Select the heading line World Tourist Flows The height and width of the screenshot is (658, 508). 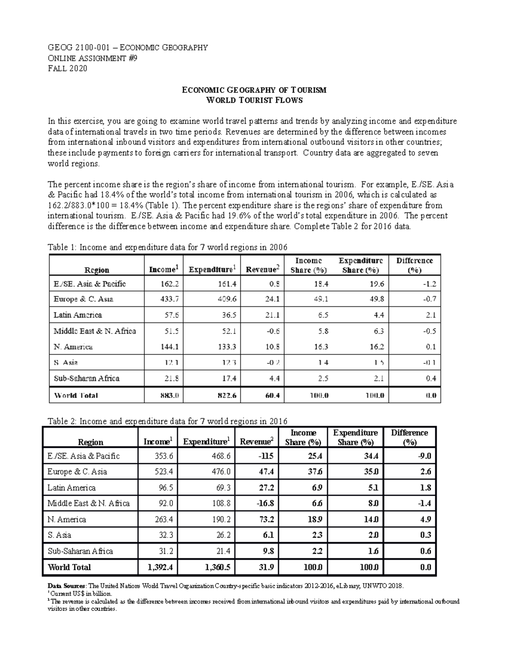click(254, 100)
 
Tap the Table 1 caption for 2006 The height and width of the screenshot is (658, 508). click(168, 247)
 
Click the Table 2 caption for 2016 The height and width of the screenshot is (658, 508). click(168, 421)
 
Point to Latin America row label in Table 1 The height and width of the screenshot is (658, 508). click(78, 315)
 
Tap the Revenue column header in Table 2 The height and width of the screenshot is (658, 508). click(257, 442)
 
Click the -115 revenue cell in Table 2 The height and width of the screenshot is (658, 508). click(266, 456)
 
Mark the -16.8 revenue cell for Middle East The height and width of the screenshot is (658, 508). click(265, 504)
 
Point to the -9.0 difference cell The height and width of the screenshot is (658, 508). click(424, 456)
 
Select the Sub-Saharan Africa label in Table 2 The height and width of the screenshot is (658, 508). click(80, 551)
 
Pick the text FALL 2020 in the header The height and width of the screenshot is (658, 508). click(68, 69)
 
